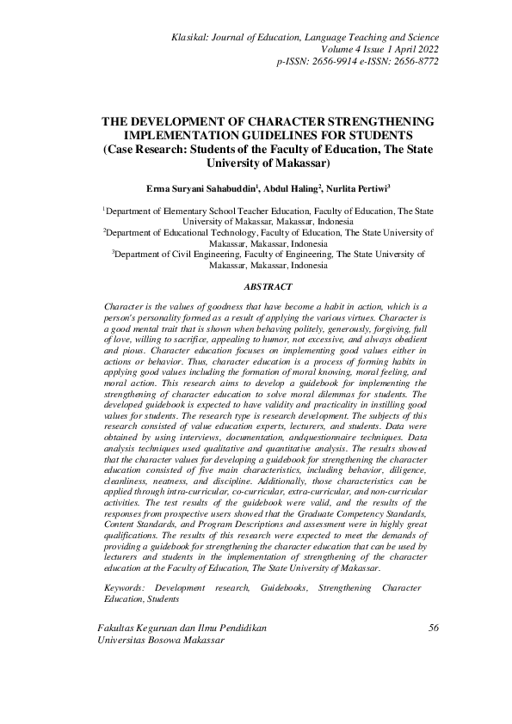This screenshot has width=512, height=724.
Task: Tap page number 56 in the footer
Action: coord(433,629)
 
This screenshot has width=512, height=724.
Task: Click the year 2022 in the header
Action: coord(423,50)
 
